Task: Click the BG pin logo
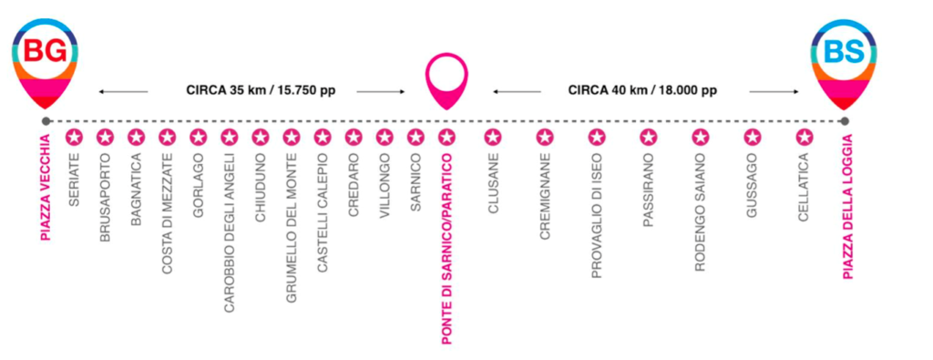[x=46, y=63]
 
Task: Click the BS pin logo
[x=844, y=63]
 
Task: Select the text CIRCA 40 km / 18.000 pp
[x=642, y=91]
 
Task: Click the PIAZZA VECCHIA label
[x=46, y=189]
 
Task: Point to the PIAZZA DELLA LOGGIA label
[x=848, y=207]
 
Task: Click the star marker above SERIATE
[x=74, y=138]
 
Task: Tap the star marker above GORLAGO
[x=198, y=138]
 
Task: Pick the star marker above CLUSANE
[x=492, y=138]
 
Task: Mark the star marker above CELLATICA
[x=805, y=138]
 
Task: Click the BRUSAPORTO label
[x=106, y=198]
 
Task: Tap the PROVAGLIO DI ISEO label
[x=596, y=215]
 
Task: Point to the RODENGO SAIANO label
[x=701, y=212]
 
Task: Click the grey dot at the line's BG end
[x=46, y=121]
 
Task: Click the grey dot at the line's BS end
[x=844, y=121]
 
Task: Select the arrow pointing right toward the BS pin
[x=774, y=92]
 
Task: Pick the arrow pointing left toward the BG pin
[x=123, y=92]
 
